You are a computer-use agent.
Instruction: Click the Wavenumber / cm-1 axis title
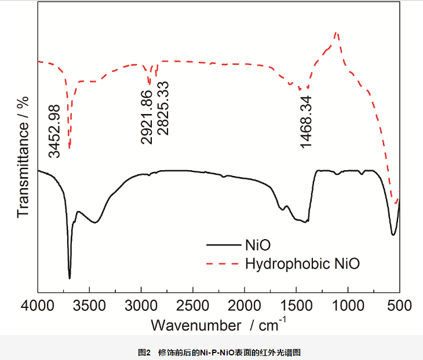click(x=218, y=325)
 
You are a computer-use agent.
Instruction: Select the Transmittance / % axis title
click(x=23, y=156)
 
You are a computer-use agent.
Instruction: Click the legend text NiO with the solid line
click(x=258, y=243)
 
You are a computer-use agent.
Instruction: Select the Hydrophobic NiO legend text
click(x=302, y=264)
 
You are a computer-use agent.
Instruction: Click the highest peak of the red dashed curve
click(x=337, y=33)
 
